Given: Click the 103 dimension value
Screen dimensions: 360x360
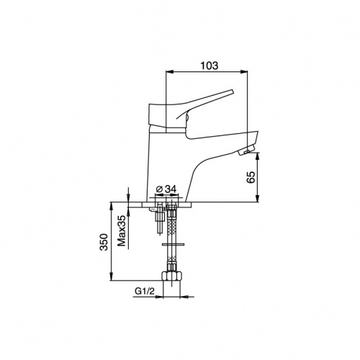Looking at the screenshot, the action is [x=210, y=66].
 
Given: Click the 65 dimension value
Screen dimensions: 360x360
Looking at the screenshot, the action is [x=251, y=177].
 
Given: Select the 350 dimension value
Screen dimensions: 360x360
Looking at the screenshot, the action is [x=104, y=242].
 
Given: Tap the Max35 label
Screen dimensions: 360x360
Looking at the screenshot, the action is [x=122, y=231].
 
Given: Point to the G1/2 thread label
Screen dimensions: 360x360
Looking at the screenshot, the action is [x=145, y=292].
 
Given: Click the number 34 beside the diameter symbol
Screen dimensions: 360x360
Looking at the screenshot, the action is [x=171, y=189].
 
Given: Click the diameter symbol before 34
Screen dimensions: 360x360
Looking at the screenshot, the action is [x=159, y=189].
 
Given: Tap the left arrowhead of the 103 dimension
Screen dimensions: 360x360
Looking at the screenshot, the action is [x=169, y=71].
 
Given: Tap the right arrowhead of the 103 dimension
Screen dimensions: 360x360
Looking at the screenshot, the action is [x=244, y=71].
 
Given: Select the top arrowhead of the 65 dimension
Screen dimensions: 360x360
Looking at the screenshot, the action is [x=257, y=156].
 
